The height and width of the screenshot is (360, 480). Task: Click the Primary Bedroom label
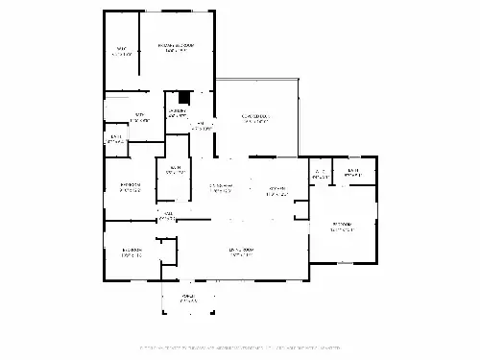tap(176, 47)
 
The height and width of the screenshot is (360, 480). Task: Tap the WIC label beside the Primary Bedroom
tap(122, 51)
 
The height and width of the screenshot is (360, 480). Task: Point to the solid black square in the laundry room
tap(184, 97)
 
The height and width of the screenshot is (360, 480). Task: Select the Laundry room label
tap(178, 112)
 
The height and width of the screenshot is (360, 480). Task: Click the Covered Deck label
tap(256, 119)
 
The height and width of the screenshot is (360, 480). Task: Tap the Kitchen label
tap(278, 189)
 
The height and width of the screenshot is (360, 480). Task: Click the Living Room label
tap(240, 252)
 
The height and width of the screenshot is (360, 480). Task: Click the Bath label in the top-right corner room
tap(353, 174)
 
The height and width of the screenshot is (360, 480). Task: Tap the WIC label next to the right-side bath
tap(319, 175)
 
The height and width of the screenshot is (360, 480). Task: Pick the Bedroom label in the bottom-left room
tap(132, 252)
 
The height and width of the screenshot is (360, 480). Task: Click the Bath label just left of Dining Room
tap(176, 172)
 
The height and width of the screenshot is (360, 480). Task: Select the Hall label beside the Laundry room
tap(202, 125)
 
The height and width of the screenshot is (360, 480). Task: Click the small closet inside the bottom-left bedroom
tap(168, 252)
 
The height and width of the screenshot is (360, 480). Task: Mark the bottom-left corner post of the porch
tap(163, 314)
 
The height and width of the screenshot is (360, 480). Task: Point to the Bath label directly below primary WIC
tap(140, 117)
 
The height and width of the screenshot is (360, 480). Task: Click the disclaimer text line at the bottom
tap(240, 348)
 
